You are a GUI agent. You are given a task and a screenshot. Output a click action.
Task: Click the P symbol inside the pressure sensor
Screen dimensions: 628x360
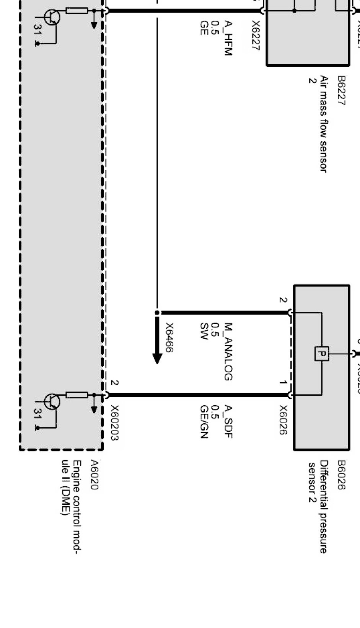click(x=322, y=354)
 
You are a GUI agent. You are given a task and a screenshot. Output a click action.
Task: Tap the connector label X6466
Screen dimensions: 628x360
click(x=169, y=338)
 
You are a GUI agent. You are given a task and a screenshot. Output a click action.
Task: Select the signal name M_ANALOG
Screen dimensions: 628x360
click(x=228, y=352)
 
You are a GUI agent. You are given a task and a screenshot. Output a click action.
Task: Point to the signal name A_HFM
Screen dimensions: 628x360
click(x=228, y=39)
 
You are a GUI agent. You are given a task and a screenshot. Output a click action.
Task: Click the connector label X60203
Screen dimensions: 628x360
click(x=114, y=422)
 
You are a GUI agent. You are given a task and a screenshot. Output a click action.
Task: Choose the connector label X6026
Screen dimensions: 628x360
click(x=283, y=420)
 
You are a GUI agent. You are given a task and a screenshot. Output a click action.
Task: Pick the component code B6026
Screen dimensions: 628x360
click(x=341, y=475)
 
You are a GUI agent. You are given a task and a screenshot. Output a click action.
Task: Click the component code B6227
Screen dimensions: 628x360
click(x=341, y=91)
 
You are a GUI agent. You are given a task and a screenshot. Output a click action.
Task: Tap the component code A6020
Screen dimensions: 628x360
click(x=94, y=475)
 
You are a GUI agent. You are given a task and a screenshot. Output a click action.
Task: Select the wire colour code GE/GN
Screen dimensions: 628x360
click(x=204, y=421)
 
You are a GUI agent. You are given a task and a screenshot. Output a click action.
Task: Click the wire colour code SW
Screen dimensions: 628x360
click(x=204, y=331)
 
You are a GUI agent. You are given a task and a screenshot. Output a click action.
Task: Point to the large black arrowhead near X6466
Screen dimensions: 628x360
click(x=157, y=358)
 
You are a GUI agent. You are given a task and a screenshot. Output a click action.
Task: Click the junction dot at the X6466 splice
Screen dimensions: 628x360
click(x=157, y=313)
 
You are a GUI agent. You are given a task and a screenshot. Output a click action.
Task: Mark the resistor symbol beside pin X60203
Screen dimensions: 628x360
click(x=77, y=395)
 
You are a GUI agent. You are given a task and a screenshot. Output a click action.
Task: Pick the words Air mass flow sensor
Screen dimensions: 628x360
click(x=324, y=124)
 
